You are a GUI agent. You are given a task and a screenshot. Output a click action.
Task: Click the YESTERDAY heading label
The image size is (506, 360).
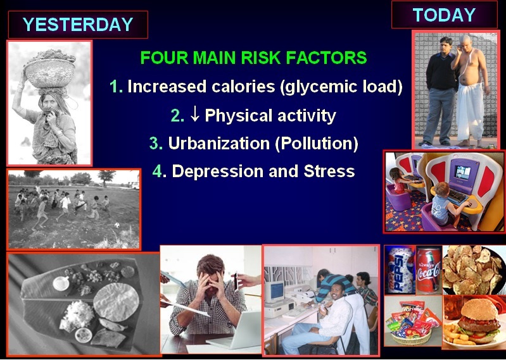tap(78, 25)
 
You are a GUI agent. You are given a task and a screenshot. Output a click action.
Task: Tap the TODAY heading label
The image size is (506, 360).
tap(444, 15)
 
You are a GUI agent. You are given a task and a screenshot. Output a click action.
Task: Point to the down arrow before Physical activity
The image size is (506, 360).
tap(194, 114)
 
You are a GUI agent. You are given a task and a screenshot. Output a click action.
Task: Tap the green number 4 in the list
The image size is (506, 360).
tap(157, 171)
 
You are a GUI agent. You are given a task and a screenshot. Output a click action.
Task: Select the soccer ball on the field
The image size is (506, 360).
tap(117, 225)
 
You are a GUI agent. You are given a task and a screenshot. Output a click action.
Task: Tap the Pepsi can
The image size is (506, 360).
tap(400, 270)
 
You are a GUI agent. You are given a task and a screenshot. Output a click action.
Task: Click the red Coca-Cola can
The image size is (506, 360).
tap(429, 271)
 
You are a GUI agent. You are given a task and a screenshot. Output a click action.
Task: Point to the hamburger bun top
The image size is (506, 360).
tap(479, 309)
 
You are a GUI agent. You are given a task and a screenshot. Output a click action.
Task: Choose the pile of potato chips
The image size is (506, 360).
tap(474, 270)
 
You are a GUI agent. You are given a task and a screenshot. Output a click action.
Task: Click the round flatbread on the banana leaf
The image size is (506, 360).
tap(116, 302)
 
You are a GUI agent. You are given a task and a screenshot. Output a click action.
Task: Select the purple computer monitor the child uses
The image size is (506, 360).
tap(463, 175)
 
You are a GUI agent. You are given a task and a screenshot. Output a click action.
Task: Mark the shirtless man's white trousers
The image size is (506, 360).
tap(469, 111)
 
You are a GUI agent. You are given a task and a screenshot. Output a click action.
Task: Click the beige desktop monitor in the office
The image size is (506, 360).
tap(275, 292)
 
